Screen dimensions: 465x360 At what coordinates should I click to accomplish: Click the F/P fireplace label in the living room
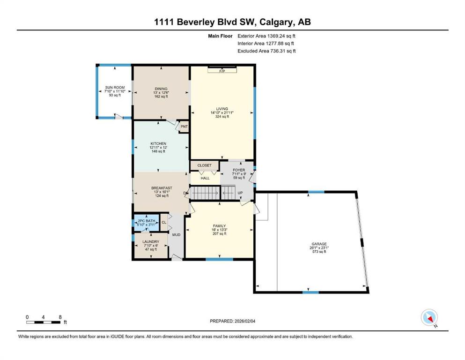(222, 71)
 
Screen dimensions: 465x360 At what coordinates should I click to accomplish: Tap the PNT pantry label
(184, 127)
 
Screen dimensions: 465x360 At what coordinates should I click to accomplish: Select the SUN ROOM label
(115, 88)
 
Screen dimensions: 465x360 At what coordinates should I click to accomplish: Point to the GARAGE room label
(319, 244)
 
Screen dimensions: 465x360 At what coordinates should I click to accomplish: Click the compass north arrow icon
(429, 317)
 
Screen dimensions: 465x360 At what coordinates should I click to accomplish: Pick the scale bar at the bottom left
(43, 322)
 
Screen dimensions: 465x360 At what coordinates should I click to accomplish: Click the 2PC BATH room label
(147, 221)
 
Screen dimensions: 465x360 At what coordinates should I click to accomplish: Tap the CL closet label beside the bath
(164, 222)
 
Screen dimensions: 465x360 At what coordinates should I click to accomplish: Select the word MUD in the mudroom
(176, 235)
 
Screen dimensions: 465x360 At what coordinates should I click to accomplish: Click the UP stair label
(240, 193)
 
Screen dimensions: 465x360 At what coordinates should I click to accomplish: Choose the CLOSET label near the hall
(204, 165)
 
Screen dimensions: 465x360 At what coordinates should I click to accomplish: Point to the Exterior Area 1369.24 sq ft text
(266, 36)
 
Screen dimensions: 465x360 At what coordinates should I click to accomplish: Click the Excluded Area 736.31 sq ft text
(266, 51)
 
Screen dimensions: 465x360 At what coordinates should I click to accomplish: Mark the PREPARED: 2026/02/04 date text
(232, 321)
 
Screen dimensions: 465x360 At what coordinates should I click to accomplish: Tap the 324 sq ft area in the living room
(222, 117)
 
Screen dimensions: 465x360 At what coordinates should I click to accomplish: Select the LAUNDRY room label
(151, 242)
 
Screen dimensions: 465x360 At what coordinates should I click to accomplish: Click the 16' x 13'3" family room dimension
(220, 230)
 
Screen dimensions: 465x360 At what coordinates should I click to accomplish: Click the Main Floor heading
(220, 36)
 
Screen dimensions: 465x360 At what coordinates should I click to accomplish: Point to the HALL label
(205, 179)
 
